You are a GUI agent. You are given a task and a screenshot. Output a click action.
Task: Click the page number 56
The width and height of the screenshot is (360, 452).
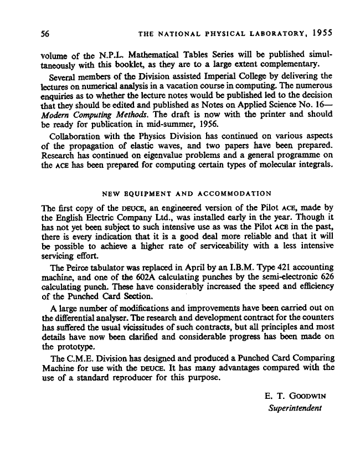[47, 33]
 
